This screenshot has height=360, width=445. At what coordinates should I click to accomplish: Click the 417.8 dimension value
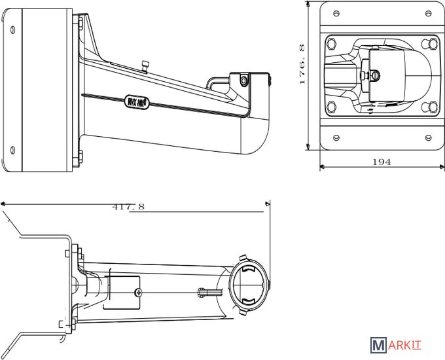[x=128, y=207]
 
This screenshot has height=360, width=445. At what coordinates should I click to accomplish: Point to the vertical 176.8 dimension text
[x=302, y=65]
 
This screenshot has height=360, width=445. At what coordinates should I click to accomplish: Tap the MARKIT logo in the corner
[x=399, y=345]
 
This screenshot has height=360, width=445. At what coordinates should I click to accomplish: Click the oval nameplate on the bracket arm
[x=137, y=102]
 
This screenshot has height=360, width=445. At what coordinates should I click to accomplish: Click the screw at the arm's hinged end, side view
[x=244, y=81]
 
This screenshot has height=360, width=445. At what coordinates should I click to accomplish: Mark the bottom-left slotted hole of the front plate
[x=336, y=137]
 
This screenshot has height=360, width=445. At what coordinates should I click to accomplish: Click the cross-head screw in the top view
[x=137, y=293]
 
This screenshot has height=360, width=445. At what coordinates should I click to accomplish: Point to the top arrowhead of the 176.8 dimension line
[x=308, y=5]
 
